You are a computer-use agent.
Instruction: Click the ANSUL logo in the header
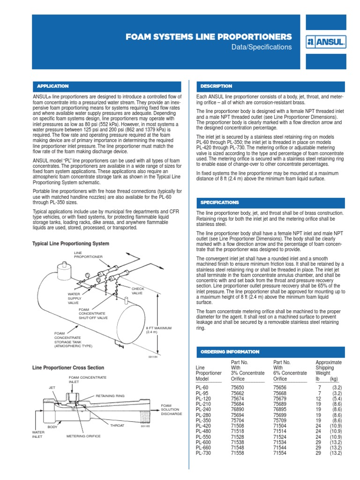pos(326,42)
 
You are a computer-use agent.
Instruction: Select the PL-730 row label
pos(204,453)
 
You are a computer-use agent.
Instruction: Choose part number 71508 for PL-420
pos(238,426)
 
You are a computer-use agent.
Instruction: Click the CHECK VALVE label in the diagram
pos(138,291)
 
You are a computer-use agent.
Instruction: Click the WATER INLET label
pos(37,434)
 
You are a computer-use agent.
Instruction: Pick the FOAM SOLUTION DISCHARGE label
pos(171,410)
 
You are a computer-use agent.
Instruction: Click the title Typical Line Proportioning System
pos(70,244)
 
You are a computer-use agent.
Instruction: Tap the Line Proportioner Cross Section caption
pos(67,368)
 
